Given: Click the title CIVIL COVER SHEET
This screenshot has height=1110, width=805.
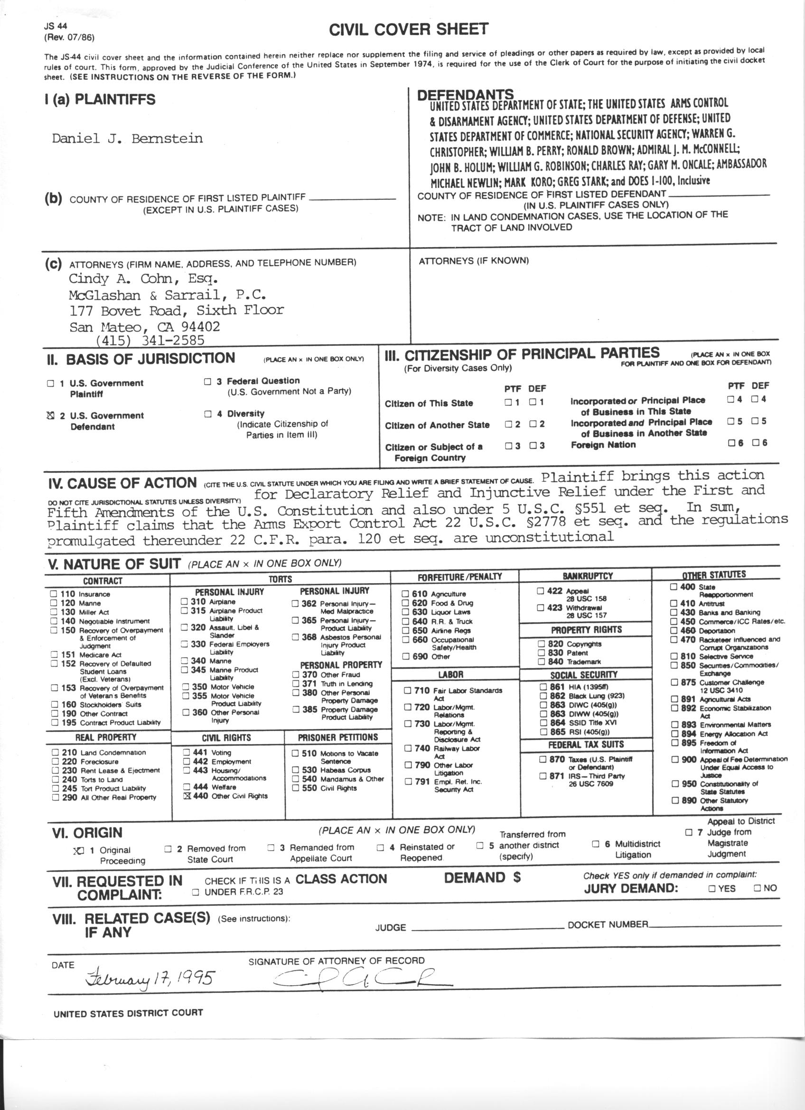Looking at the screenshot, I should (408, 30).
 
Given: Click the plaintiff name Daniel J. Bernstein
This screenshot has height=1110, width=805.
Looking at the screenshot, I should (127, 139).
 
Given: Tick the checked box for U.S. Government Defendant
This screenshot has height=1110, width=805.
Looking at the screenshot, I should (50, 416).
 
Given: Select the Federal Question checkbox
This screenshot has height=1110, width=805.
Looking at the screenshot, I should (208, 381).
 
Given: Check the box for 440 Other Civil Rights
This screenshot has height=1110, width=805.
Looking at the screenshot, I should (187, 796).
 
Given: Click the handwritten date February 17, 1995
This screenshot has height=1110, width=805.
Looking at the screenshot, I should (149, 979).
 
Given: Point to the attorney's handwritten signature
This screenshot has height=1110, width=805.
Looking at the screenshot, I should (362, 976).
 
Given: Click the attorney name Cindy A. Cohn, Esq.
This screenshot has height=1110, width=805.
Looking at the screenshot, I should (143, 279).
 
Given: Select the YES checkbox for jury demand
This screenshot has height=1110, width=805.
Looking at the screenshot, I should (712, 888).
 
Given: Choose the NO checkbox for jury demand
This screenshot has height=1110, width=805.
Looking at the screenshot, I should (757, 887).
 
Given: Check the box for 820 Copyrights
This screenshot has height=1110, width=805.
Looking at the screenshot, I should (542, 644).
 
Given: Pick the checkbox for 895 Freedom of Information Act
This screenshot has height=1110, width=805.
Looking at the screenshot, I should (675, 743).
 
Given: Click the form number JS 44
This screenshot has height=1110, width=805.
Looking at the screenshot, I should (56, 27).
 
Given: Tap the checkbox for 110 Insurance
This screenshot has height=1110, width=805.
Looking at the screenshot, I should (54, 594).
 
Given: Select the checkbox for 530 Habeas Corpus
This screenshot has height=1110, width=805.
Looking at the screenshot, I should (296, 770).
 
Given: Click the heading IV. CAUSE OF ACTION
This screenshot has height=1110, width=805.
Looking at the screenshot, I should (122, 484).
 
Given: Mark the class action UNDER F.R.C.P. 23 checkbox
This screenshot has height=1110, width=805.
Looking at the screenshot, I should (196, 892).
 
